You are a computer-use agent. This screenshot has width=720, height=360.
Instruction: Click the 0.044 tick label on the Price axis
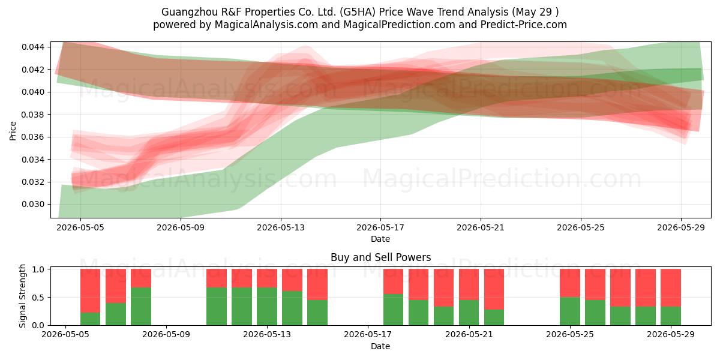coord(33,47)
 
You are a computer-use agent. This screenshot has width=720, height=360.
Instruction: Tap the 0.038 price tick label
coord(33,115)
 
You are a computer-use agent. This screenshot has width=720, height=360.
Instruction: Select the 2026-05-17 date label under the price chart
coord(380,227)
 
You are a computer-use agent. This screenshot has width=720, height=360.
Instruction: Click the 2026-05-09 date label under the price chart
coord(181,227)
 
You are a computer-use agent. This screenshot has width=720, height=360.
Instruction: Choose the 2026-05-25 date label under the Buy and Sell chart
coord(570,335)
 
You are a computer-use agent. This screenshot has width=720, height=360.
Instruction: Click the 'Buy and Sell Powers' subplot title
coord(380,257)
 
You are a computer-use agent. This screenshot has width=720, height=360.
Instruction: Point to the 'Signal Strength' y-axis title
coord(22,296)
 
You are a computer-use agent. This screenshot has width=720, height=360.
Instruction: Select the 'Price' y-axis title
coord(13,131)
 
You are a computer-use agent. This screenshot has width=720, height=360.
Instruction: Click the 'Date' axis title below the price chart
coord(380,239)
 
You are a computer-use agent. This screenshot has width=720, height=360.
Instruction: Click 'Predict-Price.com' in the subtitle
coord(524,25)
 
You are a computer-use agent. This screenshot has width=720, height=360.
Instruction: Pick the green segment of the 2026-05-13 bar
coord(267,307)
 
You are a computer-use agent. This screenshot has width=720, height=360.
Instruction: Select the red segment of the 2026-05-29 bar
coord(671,288)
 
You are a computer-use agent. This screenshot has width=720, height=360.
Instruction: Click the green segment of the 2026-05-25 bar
coord(570,311)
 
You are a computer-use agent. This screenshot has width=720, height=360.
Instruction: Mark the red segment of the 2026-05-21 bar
coord(494,289)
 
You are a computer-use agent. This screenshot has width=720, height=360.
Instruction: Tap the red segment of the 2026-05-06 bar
coord(91,291)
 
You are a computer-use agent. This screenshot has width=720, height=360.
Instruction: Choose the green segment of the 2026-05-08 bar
coord(141,307)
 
